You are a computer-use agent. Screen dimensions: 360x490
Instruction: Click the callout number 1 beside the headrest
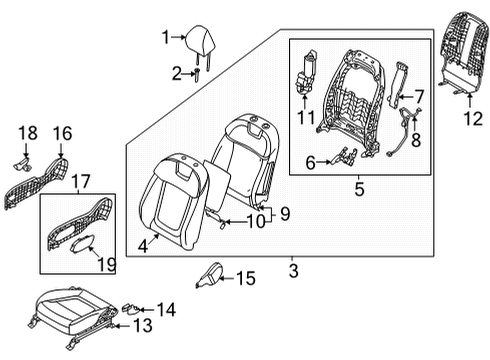click(167, 39)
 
